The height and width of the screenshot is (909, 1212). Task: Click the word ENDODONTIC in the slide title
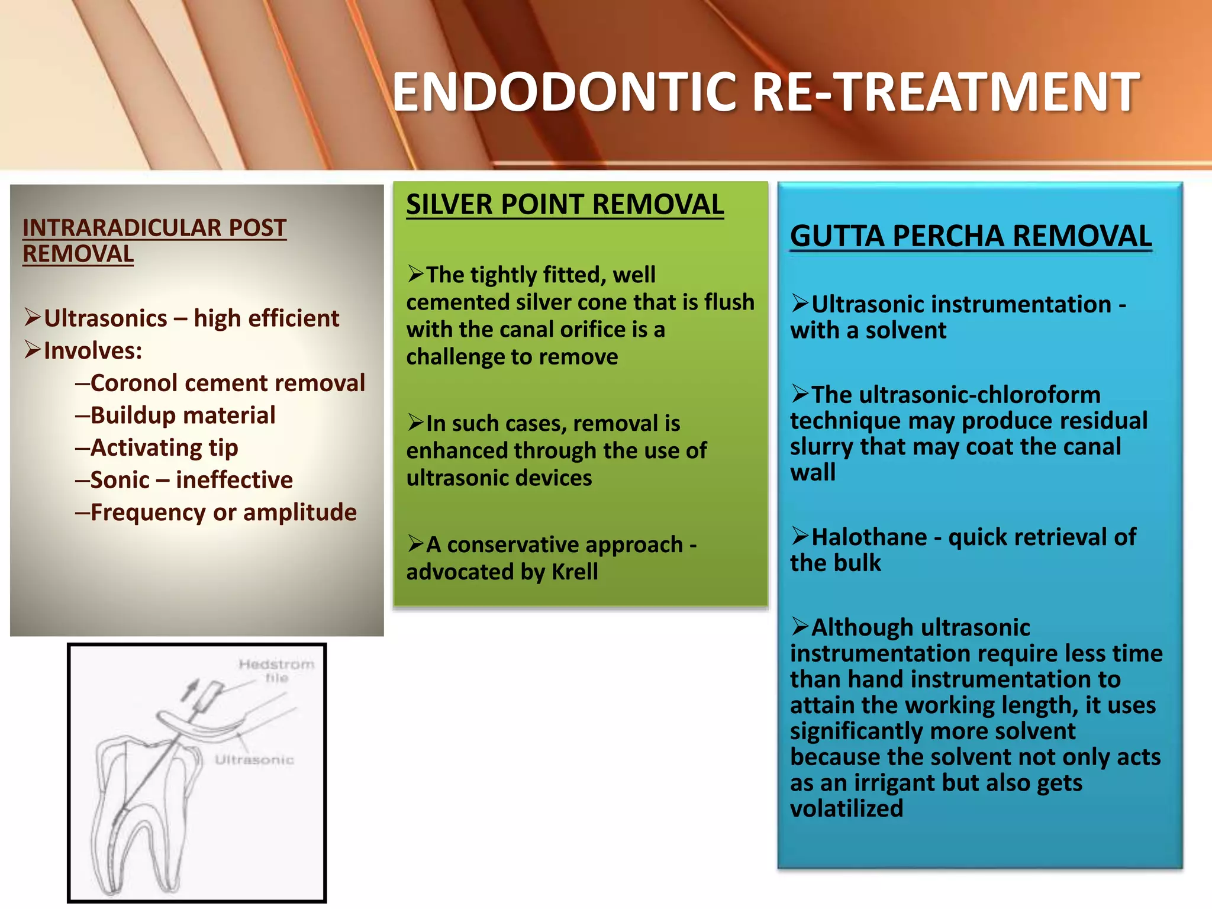[566, 92]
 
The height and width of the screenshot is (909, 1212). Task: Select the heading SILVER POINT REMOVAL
[565, 205]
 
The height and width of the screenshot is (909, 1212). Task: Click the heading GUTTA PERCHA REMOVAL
[971, 236]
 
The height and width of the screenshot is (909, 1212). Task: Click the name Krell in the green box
[574, 572]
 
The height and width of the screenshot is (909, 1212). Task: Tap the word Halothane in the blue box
[869, 537]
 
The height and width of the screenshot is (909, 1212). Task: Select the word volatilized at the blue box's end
[846, 808]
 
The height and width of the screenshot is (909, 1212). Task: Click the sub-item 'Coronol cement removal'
[227, 383]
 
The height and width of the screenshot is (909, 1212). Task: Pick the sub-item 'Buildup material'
[182, 415]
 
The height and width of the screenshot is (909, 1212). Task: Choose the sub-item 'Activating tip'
[164, 448]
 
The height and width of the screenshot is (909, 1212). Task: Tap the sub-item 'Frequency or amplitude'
[223, 512]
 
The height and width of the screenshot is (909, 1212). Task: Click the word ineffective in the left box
[234, 480]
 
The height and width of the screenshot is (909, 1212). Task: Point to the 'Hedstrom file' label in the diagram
[276, 671]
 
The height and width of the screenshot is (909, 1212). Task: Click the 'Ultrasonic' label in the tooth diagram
[254, 760]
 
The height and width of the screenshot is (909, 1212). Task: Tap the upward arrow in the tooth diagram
[191, 689]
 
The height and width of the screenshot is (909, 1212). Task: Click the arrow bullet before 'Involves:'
[33, 350]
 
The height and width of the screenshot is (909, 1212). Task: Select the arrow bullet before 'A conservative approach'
[416, 543]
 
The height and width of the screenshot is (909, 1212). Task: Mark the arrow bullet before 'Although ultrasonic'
[800, 626]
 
